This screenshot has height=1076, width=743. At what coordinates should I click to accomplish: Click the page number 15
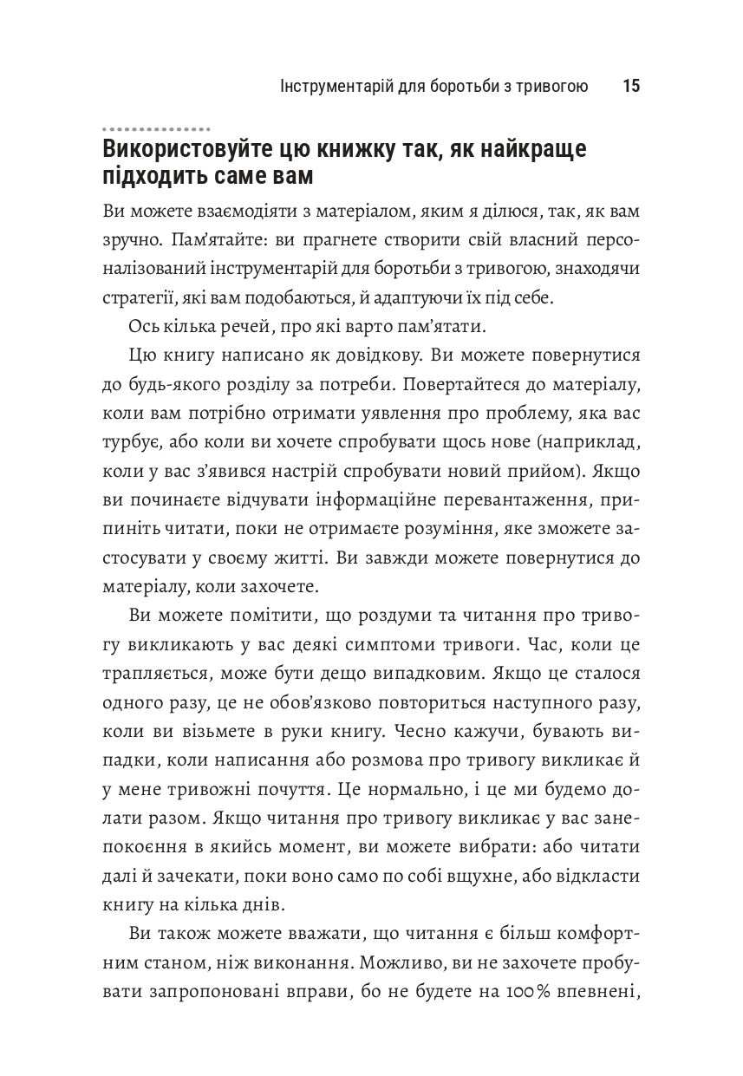coord(630,87)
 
